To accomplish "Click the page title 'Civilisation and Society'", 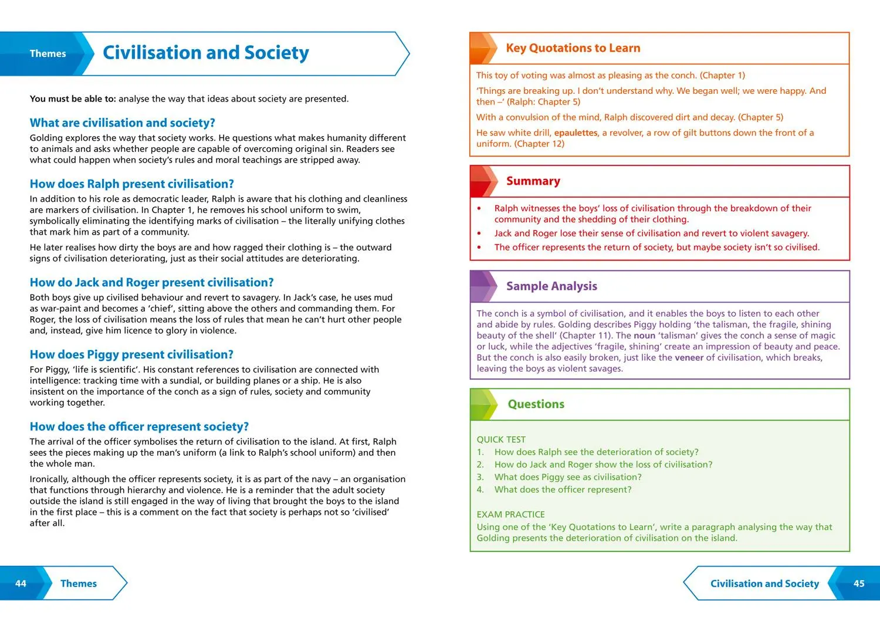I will click(205, 53).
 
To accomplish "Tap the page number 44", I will click(21, 584).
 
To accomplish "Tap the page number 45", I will click(859, 584).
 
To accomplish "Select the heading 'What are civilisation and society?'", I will click(122, 123).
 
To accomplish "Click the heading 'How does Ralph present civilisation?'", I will click(131, 184).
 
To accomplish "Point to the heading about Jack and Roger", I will click(151, 282).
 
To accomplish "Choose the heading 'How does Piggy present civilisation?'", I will click(131, 354).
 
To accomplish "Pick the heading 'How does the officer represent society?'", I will click(139, 426).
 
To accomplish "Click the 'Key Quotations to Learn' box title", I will click(573, 48).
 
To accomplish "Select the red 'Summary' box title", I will click(533, 181).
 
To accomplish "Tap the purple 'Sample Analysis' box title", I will click(551, 286).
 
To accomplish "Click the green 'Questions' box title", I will click(536, 404).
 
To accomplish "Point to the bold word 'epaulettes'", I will click(576, 133).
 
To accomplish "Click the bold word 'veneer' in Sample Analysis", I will click(689, 357).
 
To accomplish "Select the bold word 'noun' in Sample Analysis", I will click(644, 335).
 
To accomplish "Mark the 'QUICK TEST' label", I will click(501, 439).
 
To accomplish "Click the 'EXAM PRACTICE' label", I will click(510, 514).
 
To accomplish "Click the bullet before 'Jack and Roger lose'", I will click(479, 233).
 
